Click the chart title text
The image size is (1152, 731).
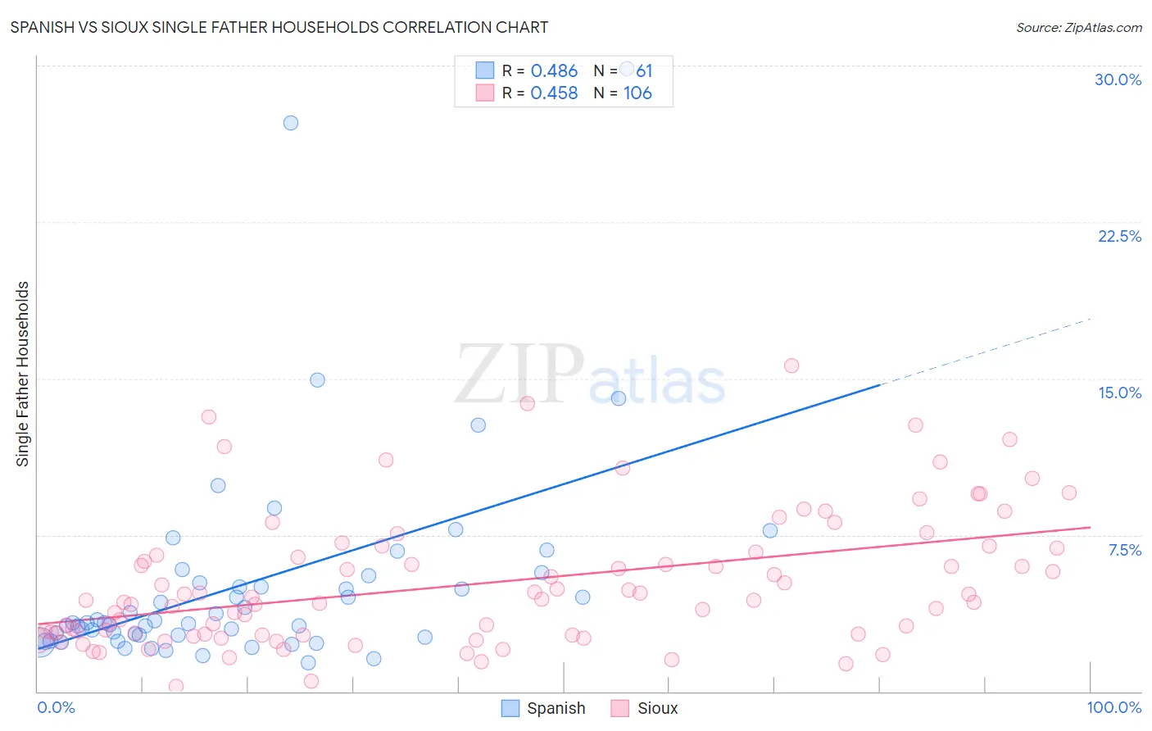click(279, 27)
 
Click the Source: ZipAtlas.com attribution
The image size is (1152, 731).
click(1078, 27)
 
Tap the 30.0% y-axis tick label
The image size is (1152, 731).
click(1118, 79)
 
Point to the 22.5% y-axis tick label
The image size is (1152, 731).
click(1119, 236)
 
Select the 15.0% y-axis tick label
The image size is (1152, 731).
click(1119, 393)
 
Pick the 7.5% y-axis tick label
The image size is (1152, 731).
click(1124, 550)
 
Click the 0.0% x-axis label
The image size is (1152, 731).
click(56, 707)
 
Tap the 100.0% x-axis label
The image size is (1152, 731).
click(1113, 707)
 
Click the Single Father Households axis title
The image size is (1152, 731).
click(22, 374)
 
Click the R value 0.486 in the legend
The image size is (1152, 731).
click(554, 70)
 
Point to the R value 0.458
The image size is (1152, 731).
click(554, 93)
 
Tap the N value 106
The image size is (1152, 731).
click(637, 93)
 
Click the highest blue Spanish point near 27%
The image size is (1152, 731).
click(291, 123)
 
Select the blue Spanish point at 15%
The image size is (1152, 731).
click(317, 380)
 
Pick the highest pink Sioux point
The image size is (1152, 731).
click(791, 365)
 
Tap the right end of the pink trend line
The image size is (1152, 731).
click(1089, 527)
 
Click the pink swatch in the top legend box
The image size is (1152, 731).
click(485, 93)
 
